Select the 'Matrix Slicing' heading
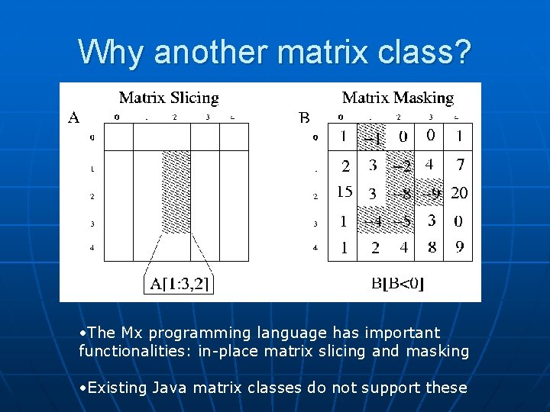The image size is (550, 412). coord(169,98)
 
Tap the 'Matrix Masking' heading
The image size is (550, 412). coord(397,98)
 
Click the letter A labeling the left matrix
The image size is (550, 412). coord(74,117)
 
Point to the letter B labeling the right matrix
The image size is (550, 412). coord(304,117)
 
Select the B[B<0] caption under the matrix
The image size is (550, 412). coord(397,284)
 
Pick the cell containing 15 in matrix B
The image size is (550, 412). coord(344,192)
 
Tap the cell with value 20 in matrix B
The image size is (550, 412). coord(459,193)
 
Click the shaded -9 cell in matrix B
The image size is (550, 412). coord(432,193)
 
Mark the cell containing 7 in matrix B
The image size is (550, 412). coord(460,165)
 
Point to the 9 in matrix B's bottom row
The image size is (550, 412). coord(459,247)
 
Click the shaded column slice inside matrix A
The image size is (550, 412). coord(176,191)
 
